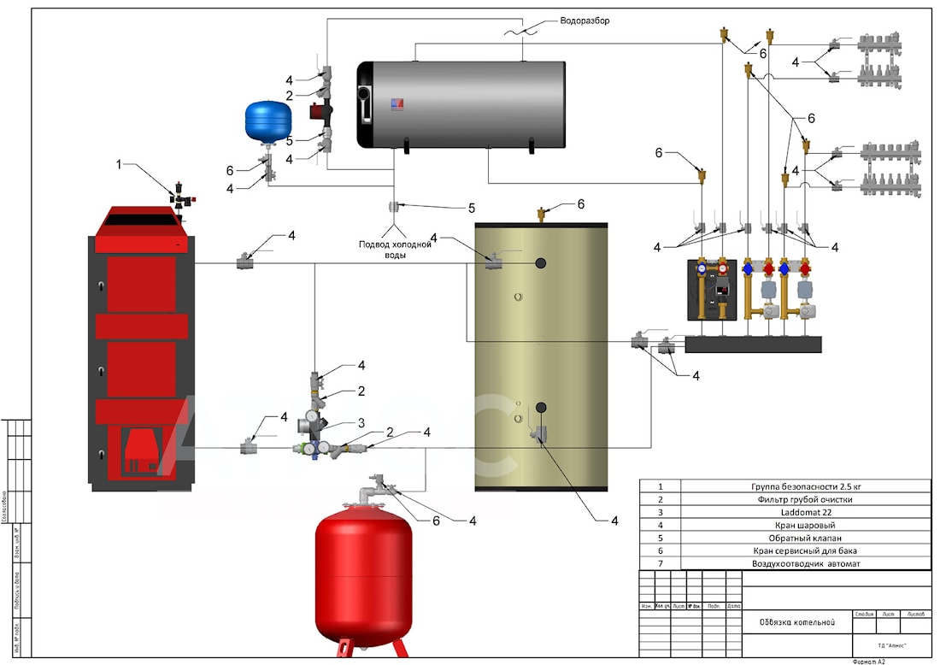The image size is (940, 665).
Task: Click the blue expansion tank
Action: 268,121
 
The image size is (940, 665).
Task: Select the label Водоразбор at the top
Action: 585,20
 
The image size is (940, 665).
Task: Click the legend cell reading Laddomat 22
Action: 805,511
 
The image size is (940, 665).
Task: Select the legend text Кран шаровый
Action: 805,525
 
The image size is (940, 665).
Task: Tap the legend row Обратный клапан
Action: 805,538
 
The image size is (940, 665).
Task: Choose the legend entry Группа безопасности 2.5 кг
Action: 805,486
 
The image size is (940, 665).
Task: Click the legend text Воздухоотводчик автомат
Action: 805,563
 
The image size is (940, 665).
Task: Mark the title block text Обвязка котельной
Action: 796,622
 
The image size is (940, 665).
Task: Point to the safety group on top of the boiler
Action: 181,196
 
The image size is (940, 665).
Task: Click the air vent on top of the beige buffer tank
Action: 541,213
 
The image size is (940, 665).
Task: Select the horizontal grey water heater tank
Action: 461,103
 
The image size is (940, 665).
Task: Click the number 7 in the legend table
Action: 660,563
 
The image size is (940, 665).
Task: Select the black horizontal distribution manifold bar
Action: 753,344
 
